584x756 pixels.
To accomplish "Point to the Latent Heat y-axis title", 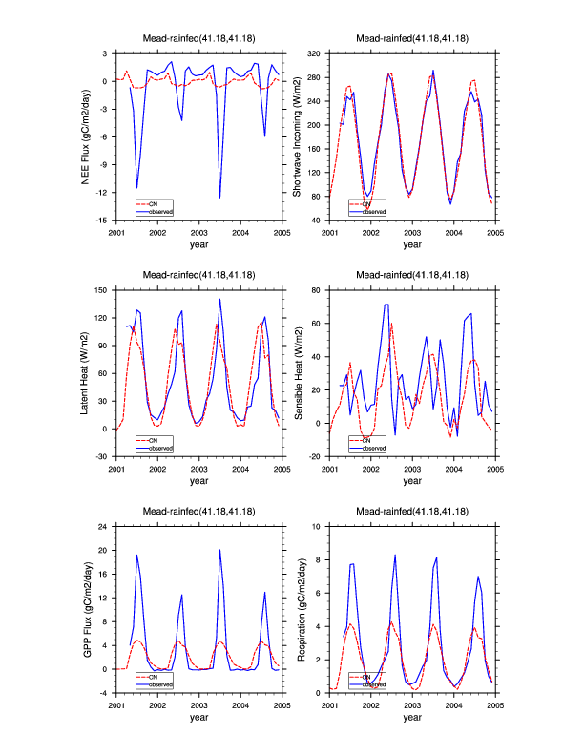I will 85,373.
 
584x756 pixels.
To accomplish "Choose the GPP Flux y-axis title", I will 85,608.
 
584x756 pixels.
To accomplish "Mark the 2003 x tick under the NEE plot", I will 198,232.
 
